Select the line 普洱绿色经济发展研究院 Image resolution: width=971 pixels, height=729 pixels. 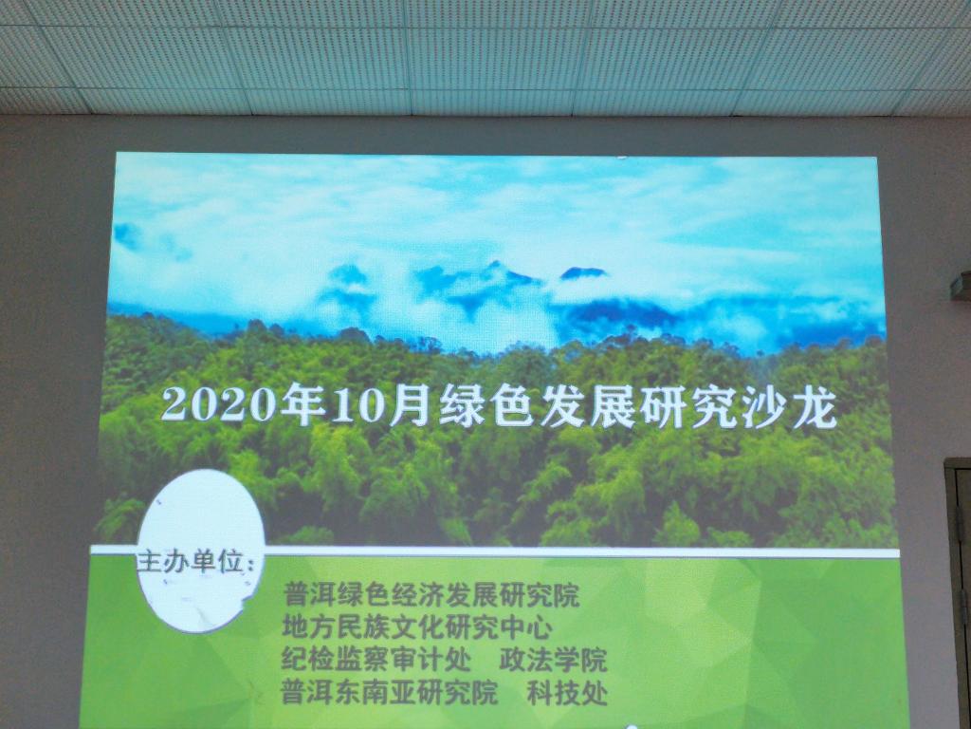click(x=431, y=595)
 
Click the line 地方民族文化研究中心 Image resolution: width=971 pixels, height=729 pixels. click(x=417, y=627)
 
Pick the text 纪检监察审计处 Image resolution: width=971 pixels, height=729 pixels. click(x=376, y=660)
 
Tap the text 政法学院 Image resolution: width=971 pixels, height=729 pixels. click(x=553, y=661)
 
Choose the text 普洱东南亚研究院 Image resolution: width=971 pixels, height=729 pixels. click(x=389, y=692)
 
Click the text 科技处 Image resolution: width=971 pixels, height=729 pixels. click(x=567, y=693)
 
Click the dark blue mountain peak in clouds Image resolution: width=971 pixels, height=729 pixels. click(x=583, y=272)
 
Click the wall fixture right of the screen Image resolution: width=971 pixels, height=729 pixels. click(x=962, y=286)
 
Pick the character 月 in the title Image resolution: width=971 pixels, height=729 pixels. click(x=410, y=406)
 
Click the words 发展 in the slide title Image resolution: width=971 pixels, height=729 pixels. click(x=587, y=407)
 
